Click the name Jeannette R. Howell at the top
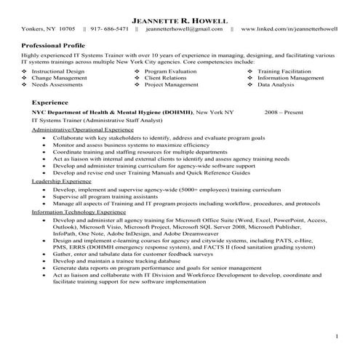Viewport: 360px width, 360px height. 180,17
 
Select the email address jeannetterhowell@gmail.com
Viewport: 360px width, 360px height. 184,29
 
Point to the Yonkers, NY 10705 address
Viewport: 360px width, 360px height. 48,29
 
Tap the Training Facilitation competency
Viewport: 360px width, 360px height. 286,71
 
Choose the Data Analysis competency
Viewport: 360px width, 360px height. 276,84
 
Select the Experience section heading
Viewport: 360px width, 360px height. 45,103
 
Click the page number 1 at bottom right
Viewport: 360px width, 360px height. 337,336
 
